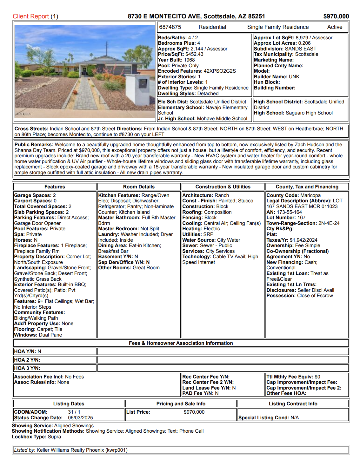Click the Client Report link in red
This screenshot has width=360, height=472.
[x=31, y=16]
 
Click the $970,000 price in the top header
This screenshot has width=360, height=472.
[x=336, y=16]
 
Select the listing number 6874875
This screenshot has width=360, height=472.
[x=170, y=27]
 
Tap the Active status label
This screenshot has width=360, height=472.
[x=335, y=27]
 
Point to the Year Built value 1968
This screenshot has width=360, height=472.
[x=189, y=60]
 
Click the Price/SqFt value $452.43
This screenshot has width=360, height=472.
[x=194, y=54]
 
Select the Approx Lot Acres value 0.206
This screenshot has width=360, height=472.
[x=304, y=43]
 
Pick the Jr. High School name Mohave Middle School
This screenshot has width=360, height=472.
[x=222, y=119]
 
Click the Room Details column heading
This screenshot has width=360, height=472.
[x=139, y=187]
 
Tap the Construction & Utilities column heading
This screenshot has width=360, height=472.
[x=223, y=187]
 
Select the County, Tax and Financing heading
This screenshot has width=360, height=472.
[x=307, y=187]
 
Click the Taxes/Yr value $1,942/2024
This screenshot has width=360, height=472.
[x=303, y=240]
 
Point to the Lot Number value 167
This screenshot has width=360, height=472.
[x=301, y=218]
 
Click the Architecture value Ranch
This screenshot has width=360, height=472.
[x=222, y=195]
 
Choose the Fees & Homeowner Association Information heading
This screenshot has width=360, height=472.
[x=181, y=343]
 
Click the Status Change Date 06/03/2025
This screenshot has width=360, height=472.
[x=80, y=418]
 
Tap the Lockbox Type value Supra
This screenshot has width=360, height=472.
[x=54, y=437]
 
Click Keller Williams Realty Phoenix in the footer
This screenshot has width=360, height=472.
[x=70, y=450]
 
